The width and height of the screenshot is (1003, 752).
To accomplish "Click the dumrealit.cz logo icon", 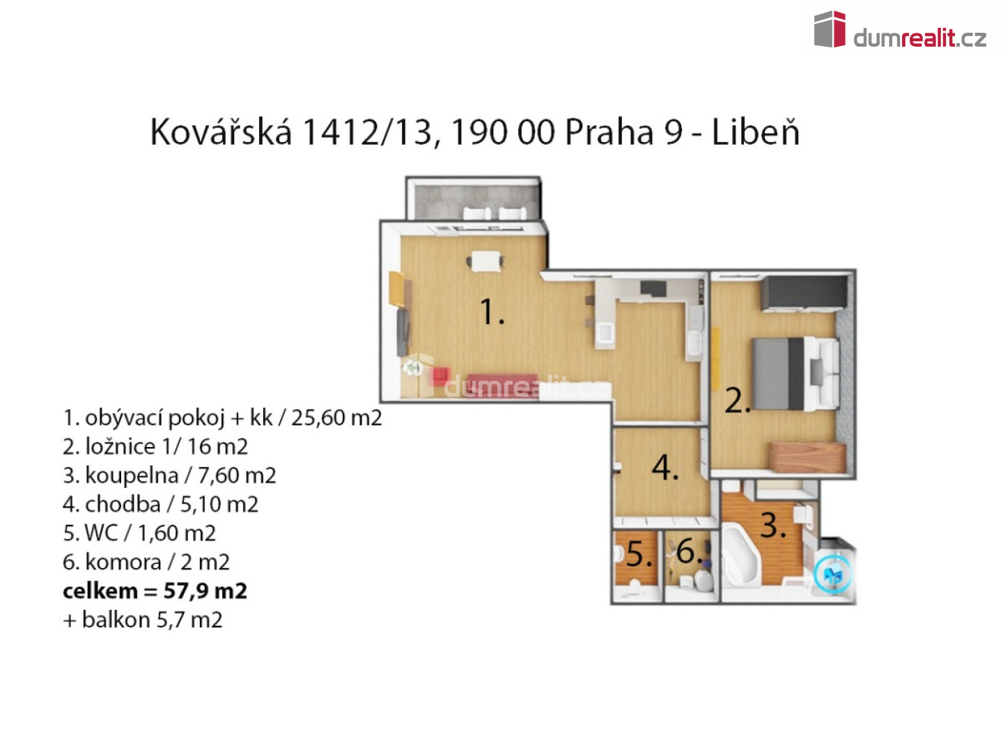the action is point(830,29).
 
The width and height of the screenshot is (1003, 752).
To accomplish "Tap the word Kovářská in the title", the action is point(221,132).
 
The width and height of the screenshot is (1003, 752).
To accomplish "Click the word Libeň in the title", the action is point(755,132).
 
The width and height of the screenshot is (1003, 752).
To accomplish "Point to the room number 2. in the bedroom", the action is point(737,400).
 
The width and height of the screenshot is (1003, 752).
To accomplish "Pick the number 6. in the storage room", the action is point(689,551).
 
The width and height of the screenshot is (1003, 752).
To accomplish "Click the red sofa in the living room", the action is point(502,384).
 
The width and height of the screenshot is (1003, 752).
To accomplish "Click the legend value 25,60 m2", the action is point(336,417).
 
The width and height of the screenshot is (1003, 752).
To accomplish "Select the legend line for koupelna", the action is point(169,476).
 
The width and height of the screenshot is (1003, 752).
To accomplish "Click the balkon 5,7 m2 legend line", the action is point(143,620).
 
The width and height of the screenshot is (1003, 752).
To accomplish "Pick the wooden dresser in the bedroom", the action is point(807,457).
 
